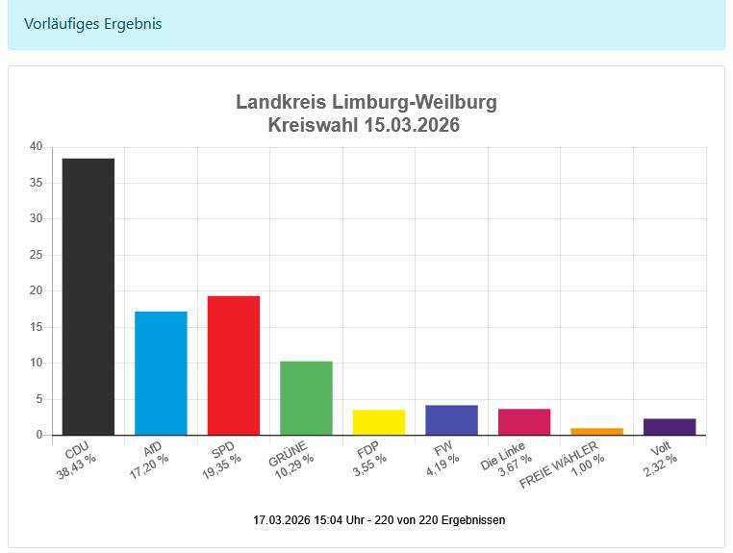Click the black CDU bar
88,296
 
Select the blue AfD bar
161,373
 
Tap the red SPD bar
234,365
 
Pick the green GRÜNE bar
306,398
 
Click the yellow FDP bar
379,422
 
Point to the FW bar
451,420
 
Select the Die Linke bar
524,422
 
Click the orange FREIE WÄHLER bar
596,431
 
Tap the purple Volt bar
670,427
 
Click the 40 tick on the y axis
36,146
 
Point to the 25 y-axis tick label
36,255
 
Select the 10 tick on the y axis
36,363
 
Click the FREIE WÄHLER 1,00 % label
576,465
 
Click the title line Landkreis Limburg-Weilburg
366,103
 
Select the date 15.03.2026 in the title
412,126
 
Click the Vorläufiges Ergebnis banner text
92,24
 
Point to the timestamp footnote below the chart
379,520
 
